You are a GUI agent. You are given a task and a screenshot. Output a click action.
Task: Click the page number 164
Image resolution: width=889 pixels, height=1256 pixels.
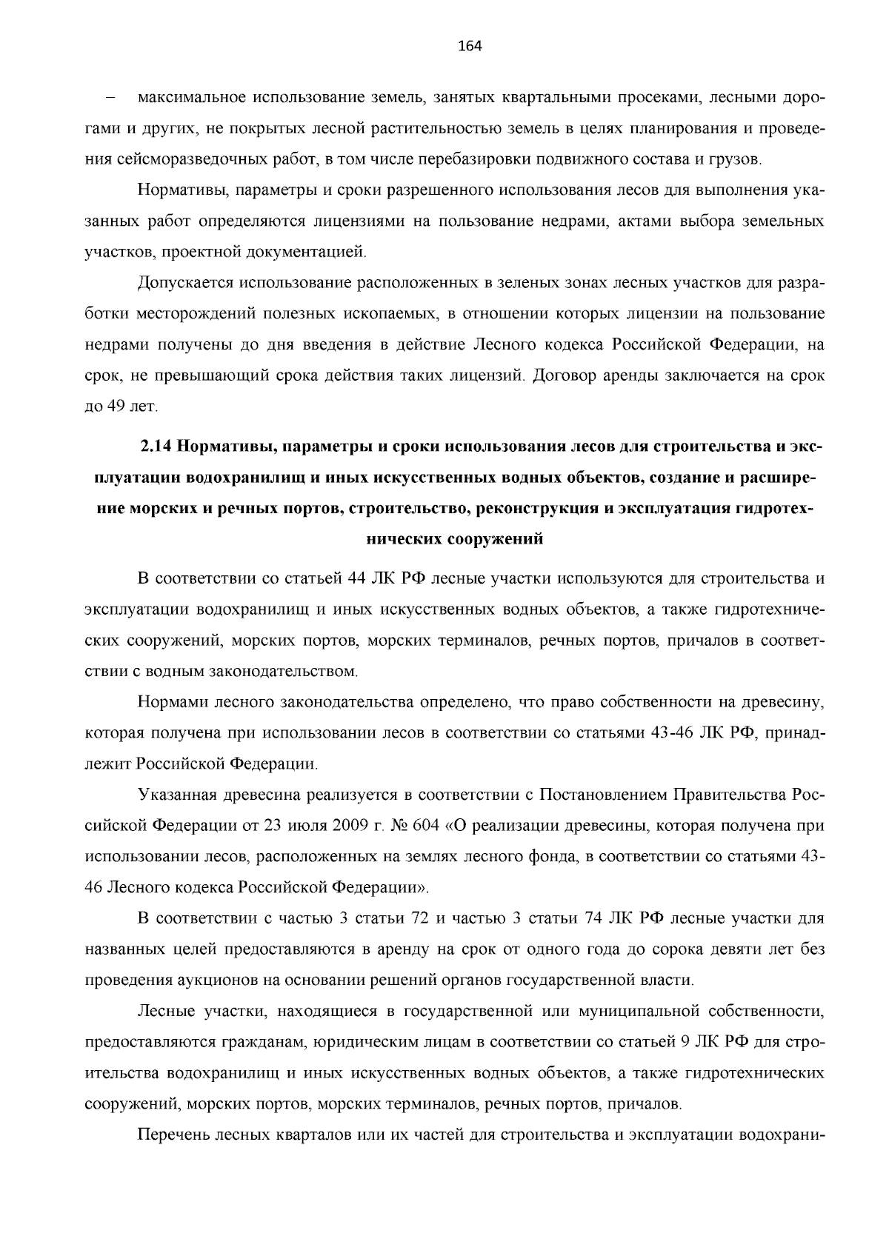coord(470,47)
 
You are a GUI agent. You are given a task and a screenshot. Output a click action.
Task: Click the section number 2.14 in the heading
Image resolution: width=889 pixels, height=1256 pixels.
coord(156,447)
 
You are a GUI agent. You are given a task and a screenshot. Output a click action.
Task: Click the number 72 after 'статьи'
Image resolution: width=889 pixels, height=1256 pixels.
coord(420,919)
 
